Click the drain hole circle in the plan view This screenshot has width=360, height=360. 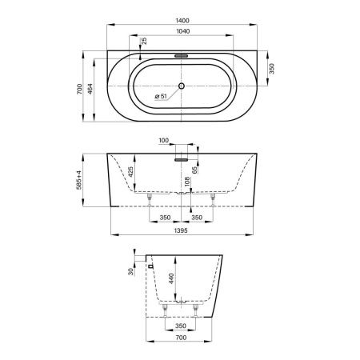[182, 86]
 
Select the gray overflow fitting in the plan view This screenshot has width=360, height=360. [181, 56]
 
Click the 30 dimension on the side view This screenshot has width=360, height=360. [131, 270]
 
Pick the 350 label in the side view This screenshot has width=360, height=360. [180, 326]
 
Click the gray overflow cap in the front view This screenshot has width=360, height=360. [181, 158]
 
